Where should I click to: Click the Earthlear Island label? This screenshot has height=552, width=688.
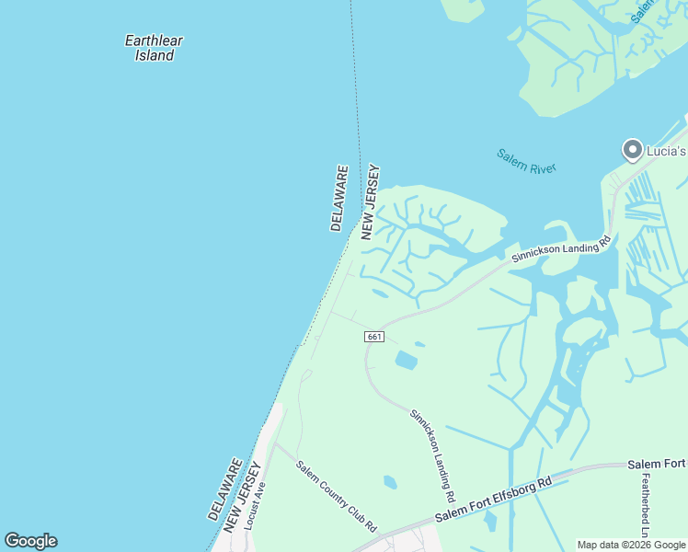tap(155, 48)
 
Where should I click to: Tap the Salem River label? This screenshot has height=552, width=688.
tap(526, 160)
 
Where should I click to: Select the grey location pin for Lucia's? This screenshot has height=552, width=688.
tap(632, 149)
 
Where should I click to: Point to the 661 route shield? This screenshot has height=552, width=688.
tap(373, 337)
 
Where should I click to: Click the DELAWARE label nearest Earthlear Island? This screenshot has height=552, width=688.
tap(338, 199)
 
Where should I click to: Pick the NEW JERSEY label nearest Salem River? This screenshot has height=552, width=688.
tap(371, 202)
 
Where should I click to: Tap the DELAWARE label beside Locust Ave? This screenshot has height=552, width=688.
tap(226, 489)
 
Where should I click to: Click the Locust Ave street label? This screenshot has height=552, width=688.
tap(264, 498)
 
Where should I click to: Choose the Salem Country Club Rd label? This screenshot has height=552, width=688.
tap(337, 495)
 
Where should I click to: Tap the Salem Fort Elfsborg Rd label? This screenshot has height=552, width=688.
tap(493, 498)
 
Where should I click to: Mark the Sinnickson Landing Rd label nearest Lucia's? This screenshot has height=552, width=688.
tap(561, 249)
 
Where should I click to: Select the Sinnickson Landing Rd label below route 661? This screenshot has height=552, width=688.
tap(432, 450)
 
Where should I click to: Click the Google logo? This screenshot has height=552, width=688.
tap(30, 541)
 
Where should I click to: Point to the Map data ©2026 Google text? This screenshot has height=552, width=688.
tap(632, 545)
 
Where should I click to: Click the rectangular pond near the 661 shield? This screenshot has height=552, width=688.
tap(406, 361)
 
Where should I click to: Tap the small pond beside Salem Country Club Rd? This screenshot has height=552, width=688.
tap(390, 481)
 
